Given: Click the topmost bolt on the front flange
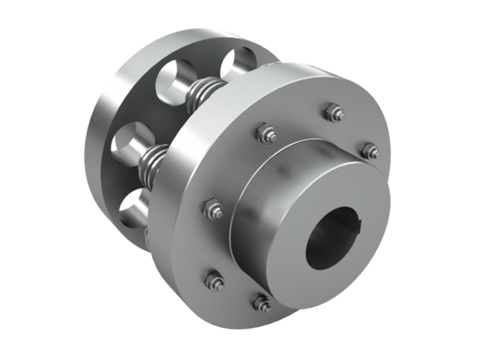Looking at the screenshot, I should click(333, 113).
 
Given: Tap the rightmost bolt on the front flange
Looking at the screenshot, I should click(368, 151).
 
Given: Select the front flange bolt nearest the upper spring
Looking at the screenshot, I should click(266, 134).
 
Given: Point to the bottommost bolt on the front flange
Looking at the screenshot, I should click(261, 302).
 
